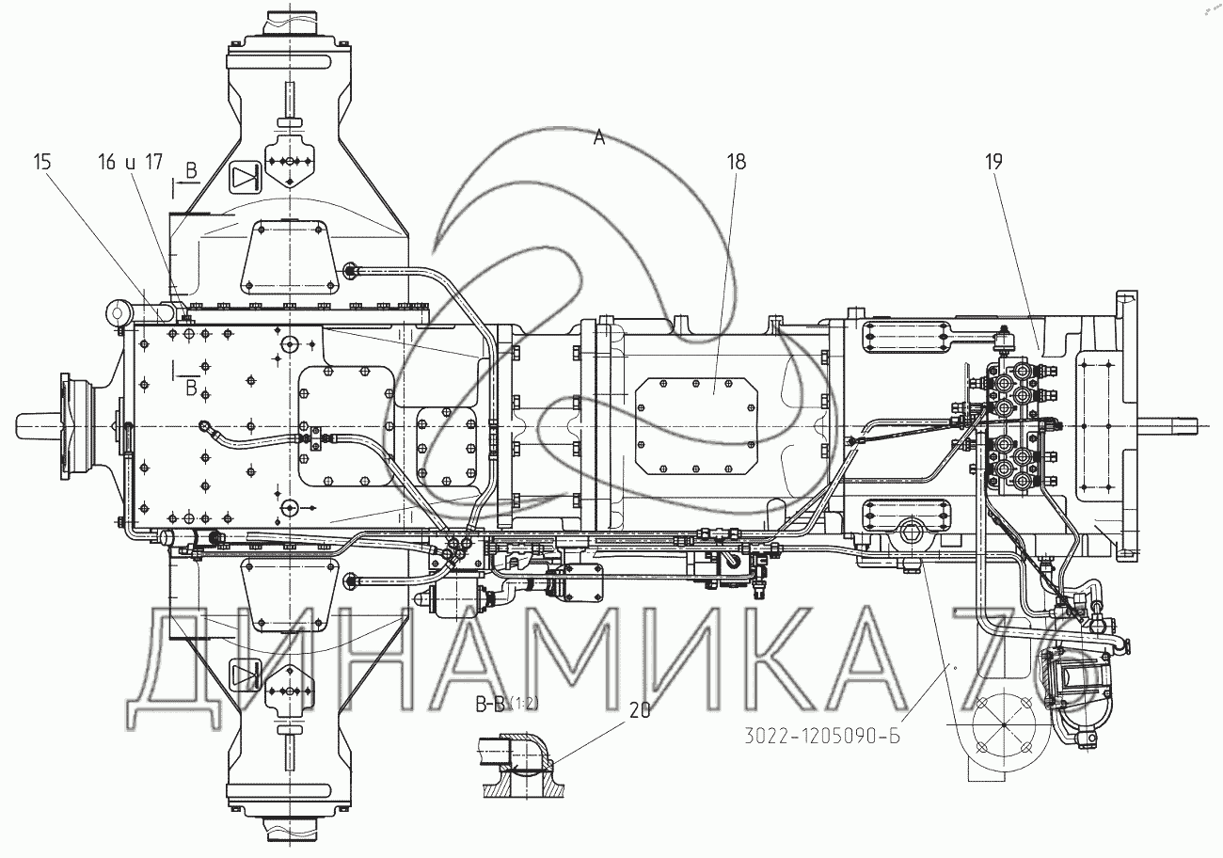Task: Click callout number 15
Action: point(42,162)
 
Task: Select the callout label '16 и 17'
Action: point(131,162)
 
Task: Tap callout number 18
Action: point(736,162)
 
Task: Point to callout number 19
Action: point(994,162)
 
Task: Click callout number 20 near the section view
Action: point(640,710)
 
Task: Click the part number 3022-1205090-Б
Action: point(822,737)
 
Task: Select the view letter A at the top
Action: point(599,138)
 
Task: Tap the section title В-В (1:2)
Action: point(506,705)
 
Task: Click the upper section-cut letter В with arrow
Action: point(191,171)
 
